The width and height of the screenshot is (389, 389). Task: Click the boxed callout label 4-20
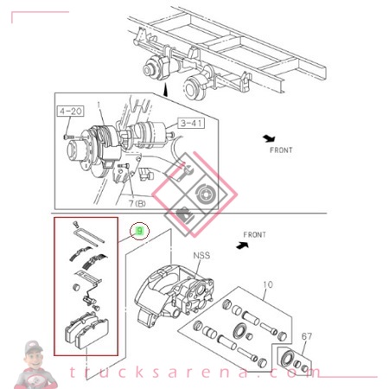pyautogui.click(x=70, y=112)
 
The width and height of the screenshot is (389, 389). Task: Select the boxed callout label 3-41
pyautogui.click(x=192, y=124)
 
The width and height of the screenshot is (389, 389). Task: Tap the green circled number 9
pyautogui.click(x=139, y=231)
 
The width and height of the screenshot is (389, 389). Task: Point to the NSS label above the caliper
pyautogui.click(x=201, y=256)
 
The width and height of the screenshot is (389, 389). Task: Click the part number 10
pyautogui.click(x=267, y=284)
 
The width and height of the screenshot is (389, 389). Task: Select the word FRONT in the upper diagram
pyautogui.click(x=280, y=150)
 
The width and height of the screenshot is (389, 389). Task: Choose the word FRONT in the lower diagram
pyautogui.click(x=254, y=234)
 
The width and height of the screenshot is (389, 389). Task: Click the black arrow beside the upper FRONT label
pyautogui.click(x=269, y=138)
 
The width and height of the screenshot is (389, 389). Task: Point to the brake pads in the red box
pyautogui.click(x=86, y=334)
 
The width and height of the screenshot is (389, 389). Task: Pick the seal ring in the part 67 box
pyautogui.click(x=286, y=358)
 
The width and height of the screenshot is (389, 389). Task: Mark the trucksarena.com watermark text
pyautogui.click(x=199, y=373)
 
